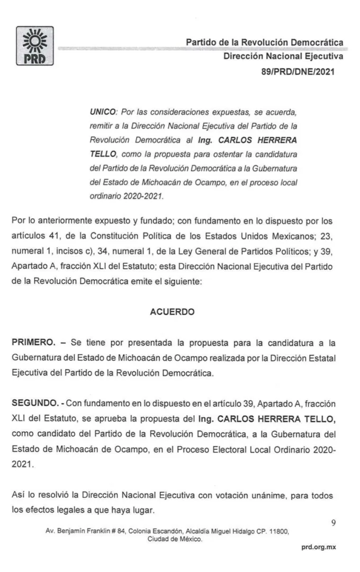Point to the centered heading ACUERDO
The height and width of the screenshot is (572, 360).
pos(173,312)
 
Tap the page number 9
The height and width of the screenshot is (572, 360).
pos(334,522)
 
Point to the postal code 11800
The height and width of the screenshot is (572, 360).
pos(277,530)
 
